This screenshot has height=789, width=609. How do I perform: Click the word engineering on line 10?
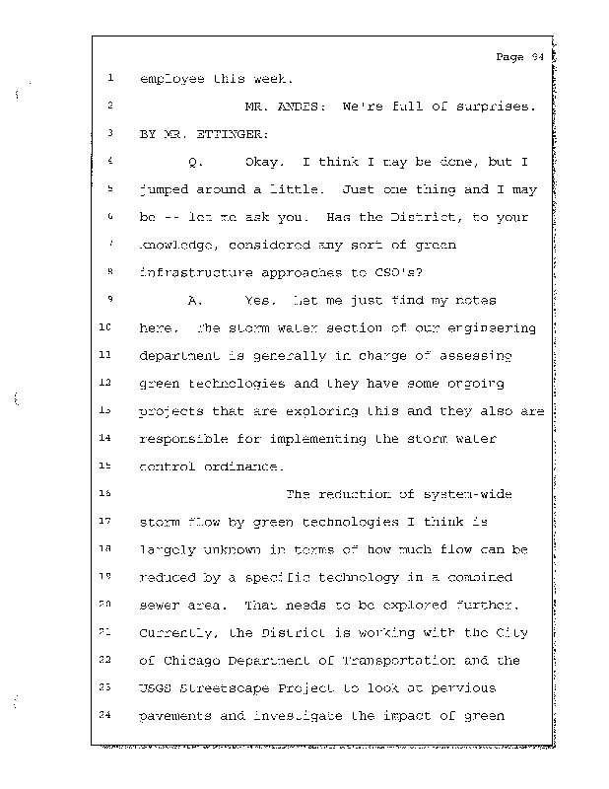492,328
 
